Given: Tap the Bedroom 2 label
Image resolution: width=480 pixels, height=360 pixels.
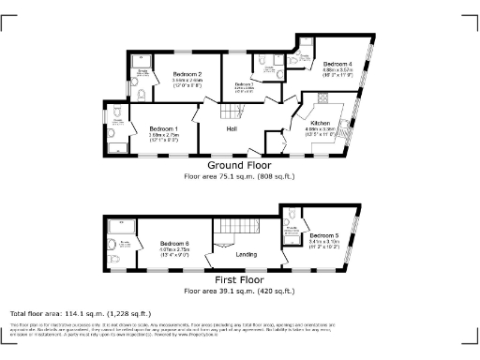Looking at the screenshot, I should (187, 74).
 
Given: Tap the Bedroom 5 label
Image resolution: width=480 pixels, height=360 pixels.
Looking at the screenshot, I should (323, 233).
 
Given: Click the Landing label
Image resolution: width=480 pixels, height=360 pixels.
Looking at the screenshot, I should (247, 254).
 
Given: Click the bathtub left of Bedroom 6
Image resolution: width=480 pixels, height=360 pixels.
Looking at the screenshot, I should (122, 228).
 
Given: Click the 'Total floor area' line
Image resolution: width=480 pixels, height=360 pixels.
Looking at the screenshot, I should (80, 312).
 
